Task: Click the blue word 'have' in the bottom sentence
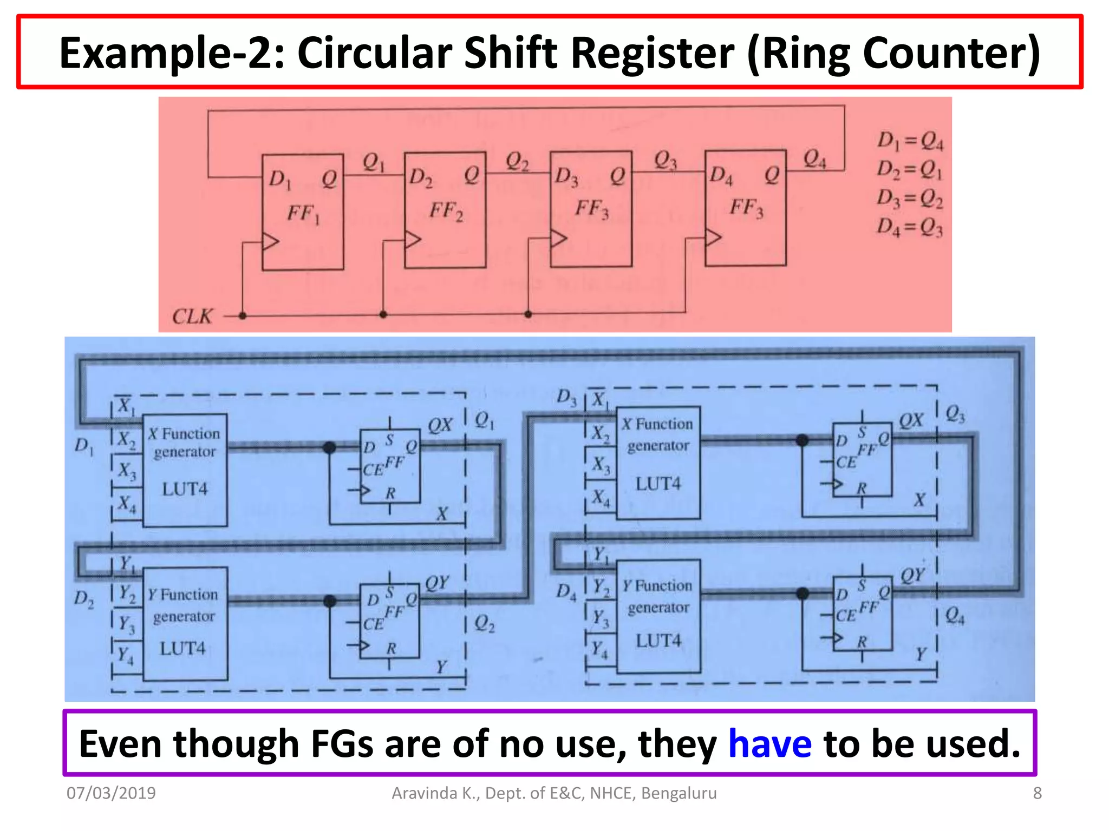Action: (769, 743)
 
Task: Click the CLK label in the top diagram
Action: (192, 316)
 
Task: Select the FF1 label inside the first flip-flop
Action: (303, 214)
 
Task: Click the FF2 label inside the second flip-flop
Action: (446, 210)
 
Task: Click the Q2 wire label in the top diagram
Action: (517, 161)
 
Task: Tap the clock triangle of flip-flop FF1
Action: (270, 241)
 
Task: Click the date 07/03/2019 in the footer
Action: (111, 793)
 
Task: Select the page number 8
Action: (1037, 793)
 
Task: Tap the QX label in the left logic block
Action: (440, 425)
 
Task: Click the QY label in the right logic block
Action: (912, 575)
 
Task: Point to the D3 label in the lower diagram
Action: (566, 397)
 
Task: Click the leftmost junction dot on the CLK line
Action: (243, 315)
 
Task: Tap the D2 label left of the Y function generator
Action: (84, 598)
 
